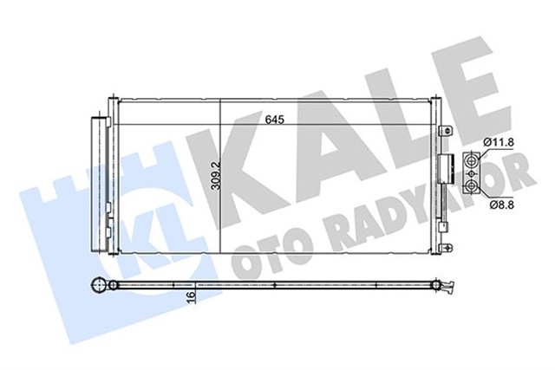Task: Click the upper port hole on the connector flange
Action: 472,160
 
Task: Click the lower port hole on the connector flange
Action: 472,185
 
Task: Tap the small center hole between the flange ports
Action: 472,172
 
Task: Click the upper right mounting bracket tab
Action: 445,129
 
